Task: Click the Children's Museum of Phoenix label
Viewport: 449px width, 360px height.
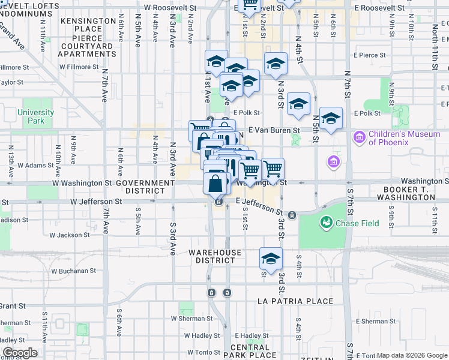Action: pyautogui.click(x=404, y=138)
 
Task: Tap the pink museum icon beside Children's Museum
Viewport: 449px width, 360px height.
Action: pyautogui.click(x=360, y=137)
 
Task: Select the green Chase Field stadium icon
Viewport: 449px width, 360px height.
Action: pyautogui.click(x=326, y=223)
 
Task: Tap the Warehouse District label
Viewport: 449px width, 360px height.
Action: pyautogui.click(x=215, y=256)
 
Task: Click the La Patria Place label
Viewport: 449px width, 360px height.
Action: pyautogui.click(x=295, y=301)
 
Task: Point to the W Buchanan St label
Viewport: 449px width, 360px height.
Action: pyautogui.click(x=73, y=271)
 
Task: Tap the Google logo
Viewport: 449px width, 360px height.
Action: pyautogui.click(x=20, y=353)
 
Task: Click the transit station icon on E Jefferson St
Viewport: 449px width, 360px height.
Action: pyautogui.click(x=292, y=215)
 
